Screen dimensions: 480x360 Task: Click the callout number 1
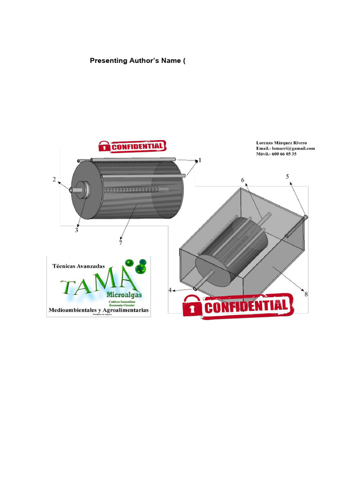click(x=199, y=160)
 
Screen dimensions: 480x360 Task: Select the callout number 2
click(x=54, y=180)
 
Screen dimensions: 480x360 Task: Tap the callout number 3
click(x=76, y=230)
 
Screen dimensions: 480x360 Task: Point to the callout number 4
click(x=170, y=290)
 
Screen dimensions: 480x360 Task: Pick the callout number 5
click(x=287, y=176)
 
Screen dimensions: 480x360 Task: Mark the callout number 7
click(x=120, y=243)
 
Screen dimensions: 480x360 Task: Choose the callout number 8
click(x=306, y=294)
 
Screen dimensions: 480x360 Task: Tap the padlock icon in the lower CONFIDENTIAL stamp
click(x=191, y=307)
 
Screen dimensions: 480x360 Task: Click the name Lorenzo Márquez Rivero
click(x=281, y=143)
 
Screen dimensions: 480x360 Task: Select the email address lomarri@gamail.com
click(x=293, y=149)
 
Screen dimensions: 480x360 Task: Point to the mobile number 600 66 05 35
click(x=284, y=154)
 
